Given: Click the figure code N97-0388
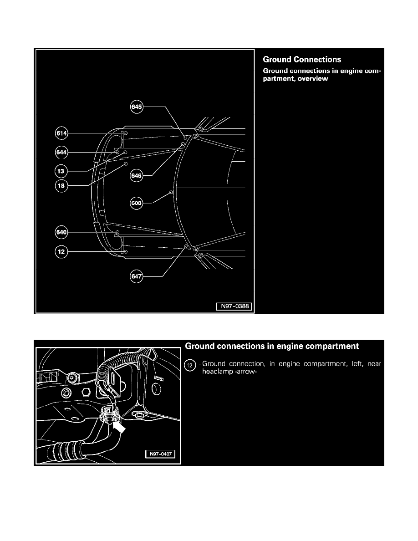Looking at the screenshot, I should pyautogui.click(x=234, y=306).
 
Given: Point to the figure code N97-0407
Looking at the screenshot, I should pyautogui.click(x=160, y=454).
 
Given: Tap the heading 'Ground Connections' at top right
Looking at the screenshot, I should pyautogui.click(x=302, y=60).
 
